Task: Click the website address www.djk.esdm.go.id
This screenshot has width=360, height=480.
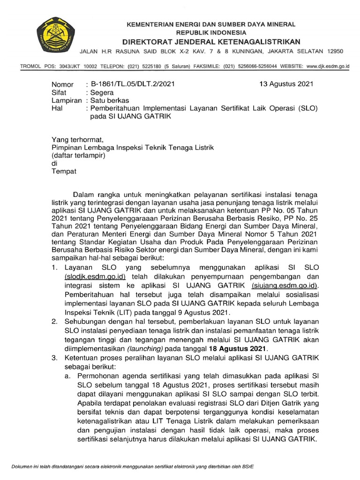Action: [x=328, y=67]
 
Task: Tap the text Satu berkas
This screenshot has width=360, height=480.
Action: [x=110, y=101]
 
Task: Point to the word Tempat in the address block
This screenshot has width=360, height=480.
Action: [x=63, y=172]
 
